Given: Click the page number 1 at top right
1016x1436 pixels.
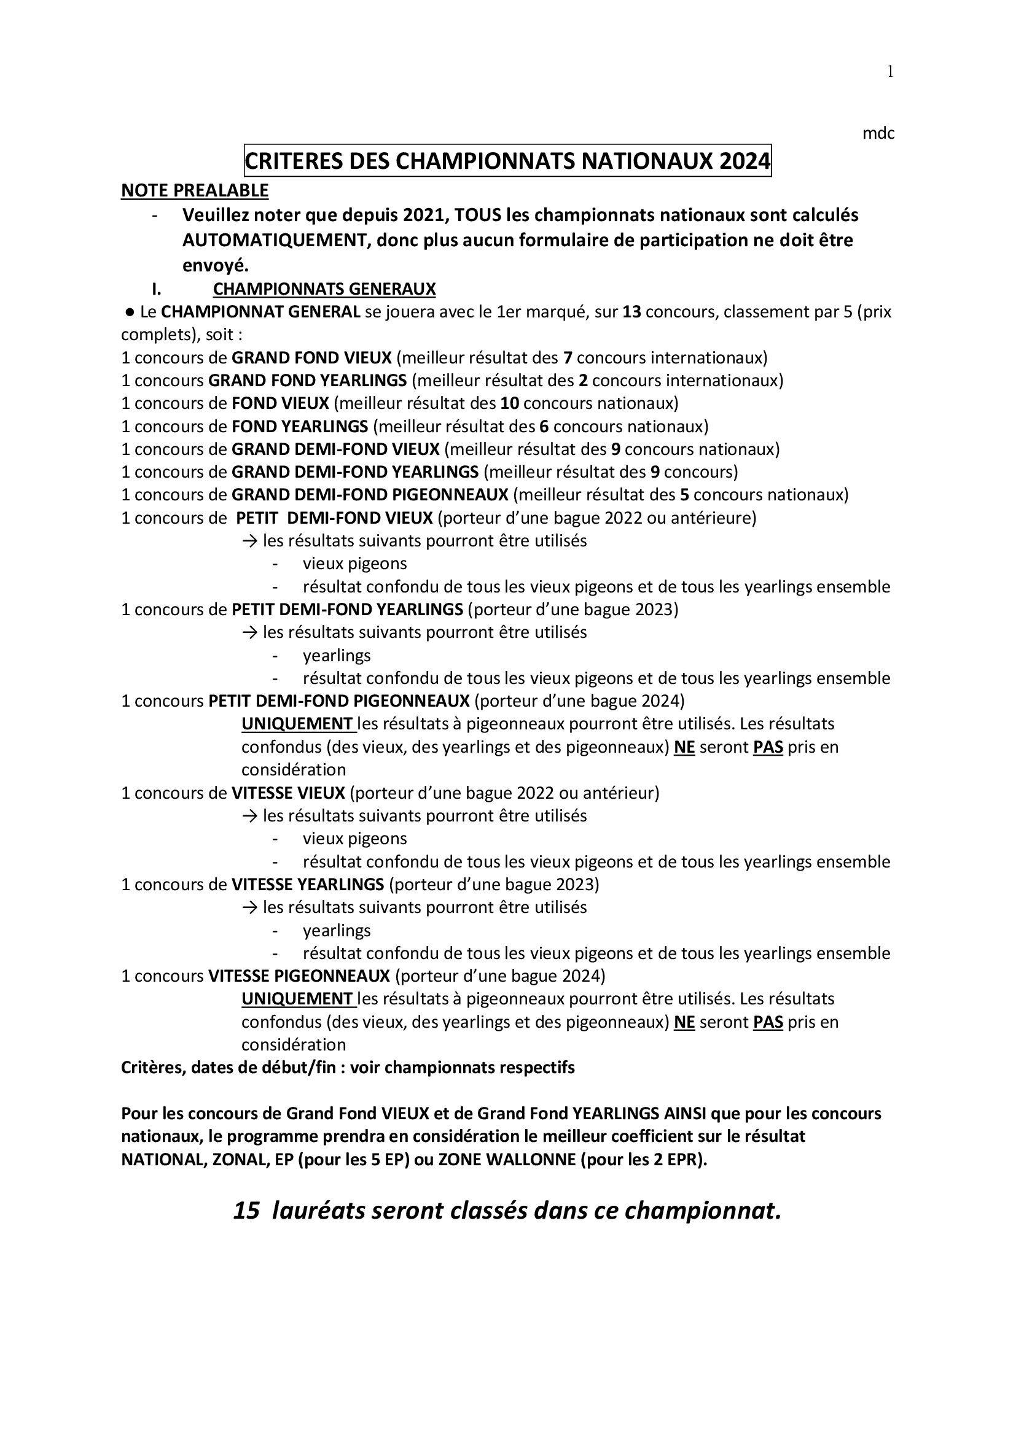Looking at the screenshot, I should (x=889, y=72).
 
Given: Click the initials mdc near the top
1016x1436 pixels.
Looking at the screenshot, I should (x=878, y=133).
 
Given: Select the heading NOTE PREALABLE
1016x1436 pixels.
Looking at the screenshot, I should (x=195, y=190).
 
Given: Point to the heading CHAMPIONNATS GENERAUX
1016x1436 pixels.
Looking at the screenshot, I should (x=324, y=289).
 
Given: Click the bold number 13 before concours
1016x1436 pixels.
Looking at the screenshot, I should (x=631, y=312).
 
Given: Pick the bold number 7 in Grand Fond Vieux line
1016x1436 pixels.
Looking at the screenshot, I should (x=568, y=358).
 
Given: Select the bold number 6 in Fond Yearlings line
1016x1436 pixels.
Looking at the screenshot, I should (x=544, y=427).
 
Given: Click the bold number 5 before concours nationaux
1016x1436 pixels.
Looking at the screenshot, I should (x=685, y=495).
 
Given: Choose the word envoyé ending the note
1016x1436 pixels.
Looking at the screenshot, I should (x=215, y=266).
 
